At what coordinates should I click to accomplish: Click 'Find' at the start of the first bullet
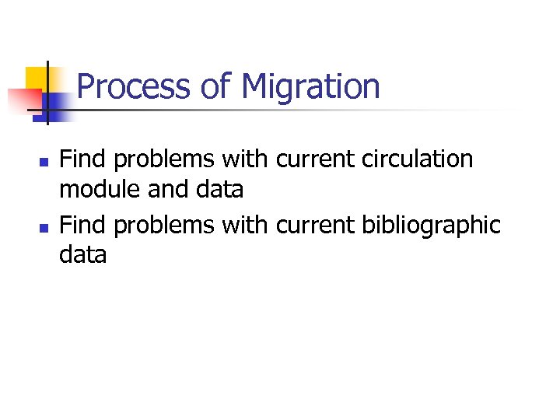click(83, 159)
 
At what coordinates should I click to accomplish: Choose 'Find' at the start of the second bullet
click(83, 225)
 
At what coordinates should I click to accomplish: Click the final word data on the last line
click(82, 254)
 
